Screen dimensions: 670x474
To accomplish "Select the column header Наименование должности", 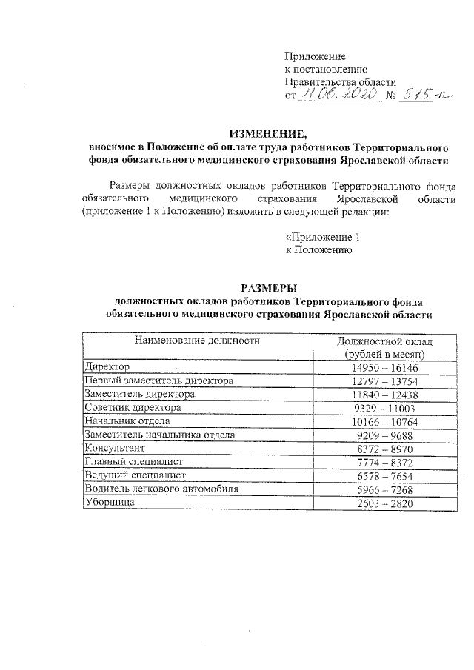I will pyautogui.click(x=196, y=341).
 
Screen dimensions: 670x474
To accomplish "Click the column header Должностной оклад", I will pyautogui.click(x=384, y=341).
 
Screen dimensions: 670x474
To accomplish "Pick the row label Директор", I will pyautogui.click(x=108, y=366).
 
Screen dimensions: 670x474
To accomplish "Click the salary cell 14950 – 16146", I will pyautogui.click(x=384, y=366).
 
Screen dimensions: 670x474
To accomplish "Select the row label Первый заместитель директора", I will pyautogui.click(x=158, y=381).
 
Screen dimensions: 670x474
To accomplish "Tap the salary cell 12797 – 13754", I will pyautogui.click(x=384, y=381).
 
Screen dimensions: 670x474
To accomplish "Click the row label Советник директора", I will pyautogui.click(x=133, y=408).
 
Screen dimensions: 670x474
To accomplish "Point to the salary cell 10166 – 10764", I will pyautogui.click(x=384, y=421).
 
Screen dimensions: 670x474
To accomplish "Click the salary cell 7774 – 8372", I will pyautogui.click(x=384, y=462).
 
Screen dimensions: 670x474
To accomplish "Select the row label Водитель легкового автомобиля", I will pyautogui.click(x=161, y=489).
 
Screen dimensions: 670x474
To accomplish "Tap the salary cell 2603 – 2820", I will pyautogui.click(x=384, y=503).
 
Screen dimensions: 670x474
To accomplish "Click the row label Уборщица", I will pyautogui.click(x=111, y=503).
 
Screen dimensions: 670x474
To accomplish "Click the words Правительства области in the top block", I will pyautogui.click(x=341, y=82).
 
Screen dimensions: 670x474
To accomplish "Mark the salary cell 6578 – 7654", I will pyautogui.click(x=384, y=476).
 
